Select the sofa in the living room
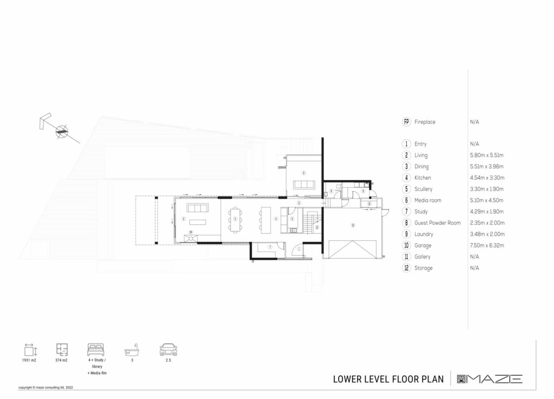click(198, 209)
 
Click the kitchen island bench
click(265, 218)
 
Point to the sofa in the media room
click(304, 185)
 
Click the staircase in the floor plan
click(311, 221)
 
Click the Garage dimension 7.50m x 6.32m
click(487, 245)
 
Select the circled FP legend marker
click(406, 122)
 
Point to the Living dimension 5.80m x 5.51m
click(487, 155)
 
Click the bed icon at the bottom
click(95, 350)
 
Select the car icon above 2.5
click(167, 350)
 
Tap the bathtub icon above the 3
click(131, 350)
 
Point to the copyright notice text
click(45, 388)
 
